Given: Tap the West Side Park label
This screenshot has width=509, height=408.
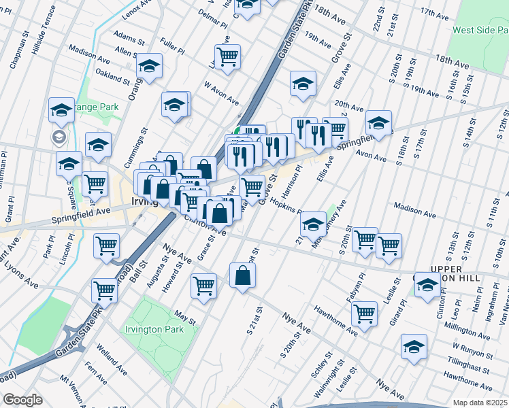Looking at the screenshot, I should pos(480,30).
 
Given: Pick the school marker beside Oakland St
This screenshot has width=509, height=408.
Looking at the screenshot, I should pos(149,67).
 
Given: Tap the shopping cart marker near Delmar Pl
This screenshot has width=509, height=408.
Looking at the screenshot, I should pos(227,56).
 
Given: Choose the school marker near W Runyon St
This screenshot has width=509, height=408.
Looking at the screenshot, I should pos(414,347).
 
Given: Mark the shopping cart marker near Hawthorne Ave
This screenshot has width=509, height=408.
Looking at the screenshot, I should pos(365,314).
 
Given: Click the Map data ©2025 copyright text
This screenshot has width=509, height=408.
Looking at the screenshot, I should pos(480,403).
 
